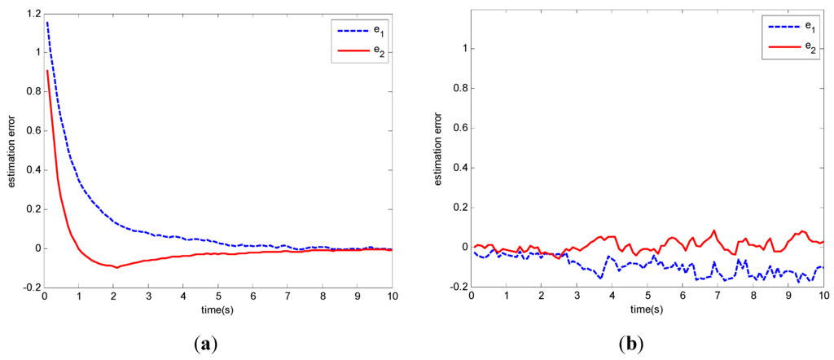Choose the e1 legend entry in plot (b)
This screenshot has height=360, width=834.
[788, 28]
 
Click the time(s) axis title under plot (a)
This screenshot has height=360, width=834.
[219, 311]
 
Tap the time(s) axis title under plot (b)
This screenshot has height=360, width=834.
[647, 311]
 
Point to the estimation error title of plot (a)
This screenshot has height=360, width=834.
[12, 151]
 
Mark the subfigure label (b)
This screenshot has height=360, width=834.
[630, 345]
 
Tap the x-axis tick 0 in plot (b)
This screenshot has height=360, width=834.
[472, 299]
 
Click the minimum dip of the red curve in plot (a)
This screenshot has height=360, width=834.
[116, 267]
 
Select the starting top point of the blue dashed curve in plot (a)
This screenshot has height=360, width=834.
[47, 22]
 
